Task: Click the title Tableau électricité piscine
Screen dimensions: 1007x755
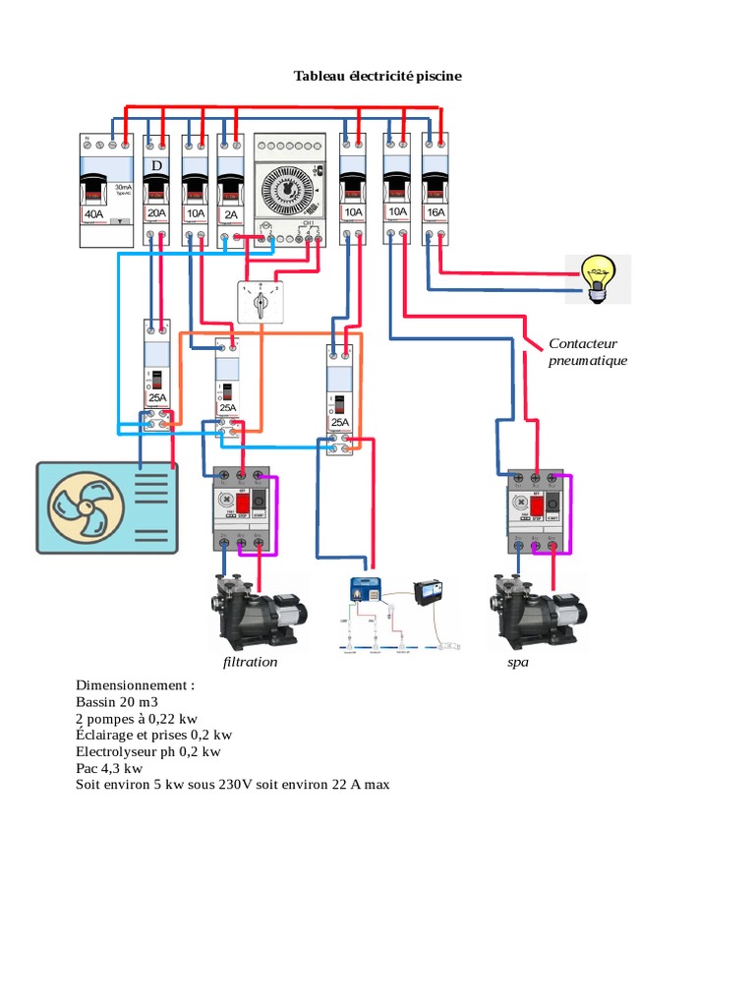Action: tap(377, 76)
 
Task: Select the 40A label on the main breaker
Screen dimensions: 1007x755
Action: tap(93, 213)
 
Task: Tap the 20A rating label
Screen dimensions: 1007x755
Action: tap(156, 213)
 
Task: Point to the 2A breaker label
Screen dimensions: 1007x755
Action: tap(230, 213)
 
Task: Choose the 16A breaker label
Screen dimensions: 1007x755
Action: tap(435, 212)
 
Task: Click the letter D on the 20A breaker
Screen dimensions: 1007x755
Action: tap(155, 166)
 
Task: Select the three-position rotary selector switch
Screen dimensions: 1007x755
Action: tap(260, 303)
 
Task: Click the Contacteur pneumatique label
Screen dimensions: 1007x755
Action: tap(587, 352)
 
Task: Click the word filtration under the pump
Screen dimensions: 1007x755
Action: tap(250, 662)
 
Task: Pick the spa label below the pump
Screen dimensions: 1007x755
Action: tap(518, 662)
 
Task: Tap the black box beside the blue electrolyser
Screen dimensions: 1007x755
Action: tap(431, 592)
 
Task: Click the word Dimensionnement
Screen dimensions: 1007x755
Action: tap(135, 684)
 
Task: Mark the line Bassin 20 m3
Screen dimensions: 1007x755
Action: tap(116, 702)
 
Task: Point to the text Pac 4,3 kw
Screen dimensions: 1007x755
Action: tap(109, 768)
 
